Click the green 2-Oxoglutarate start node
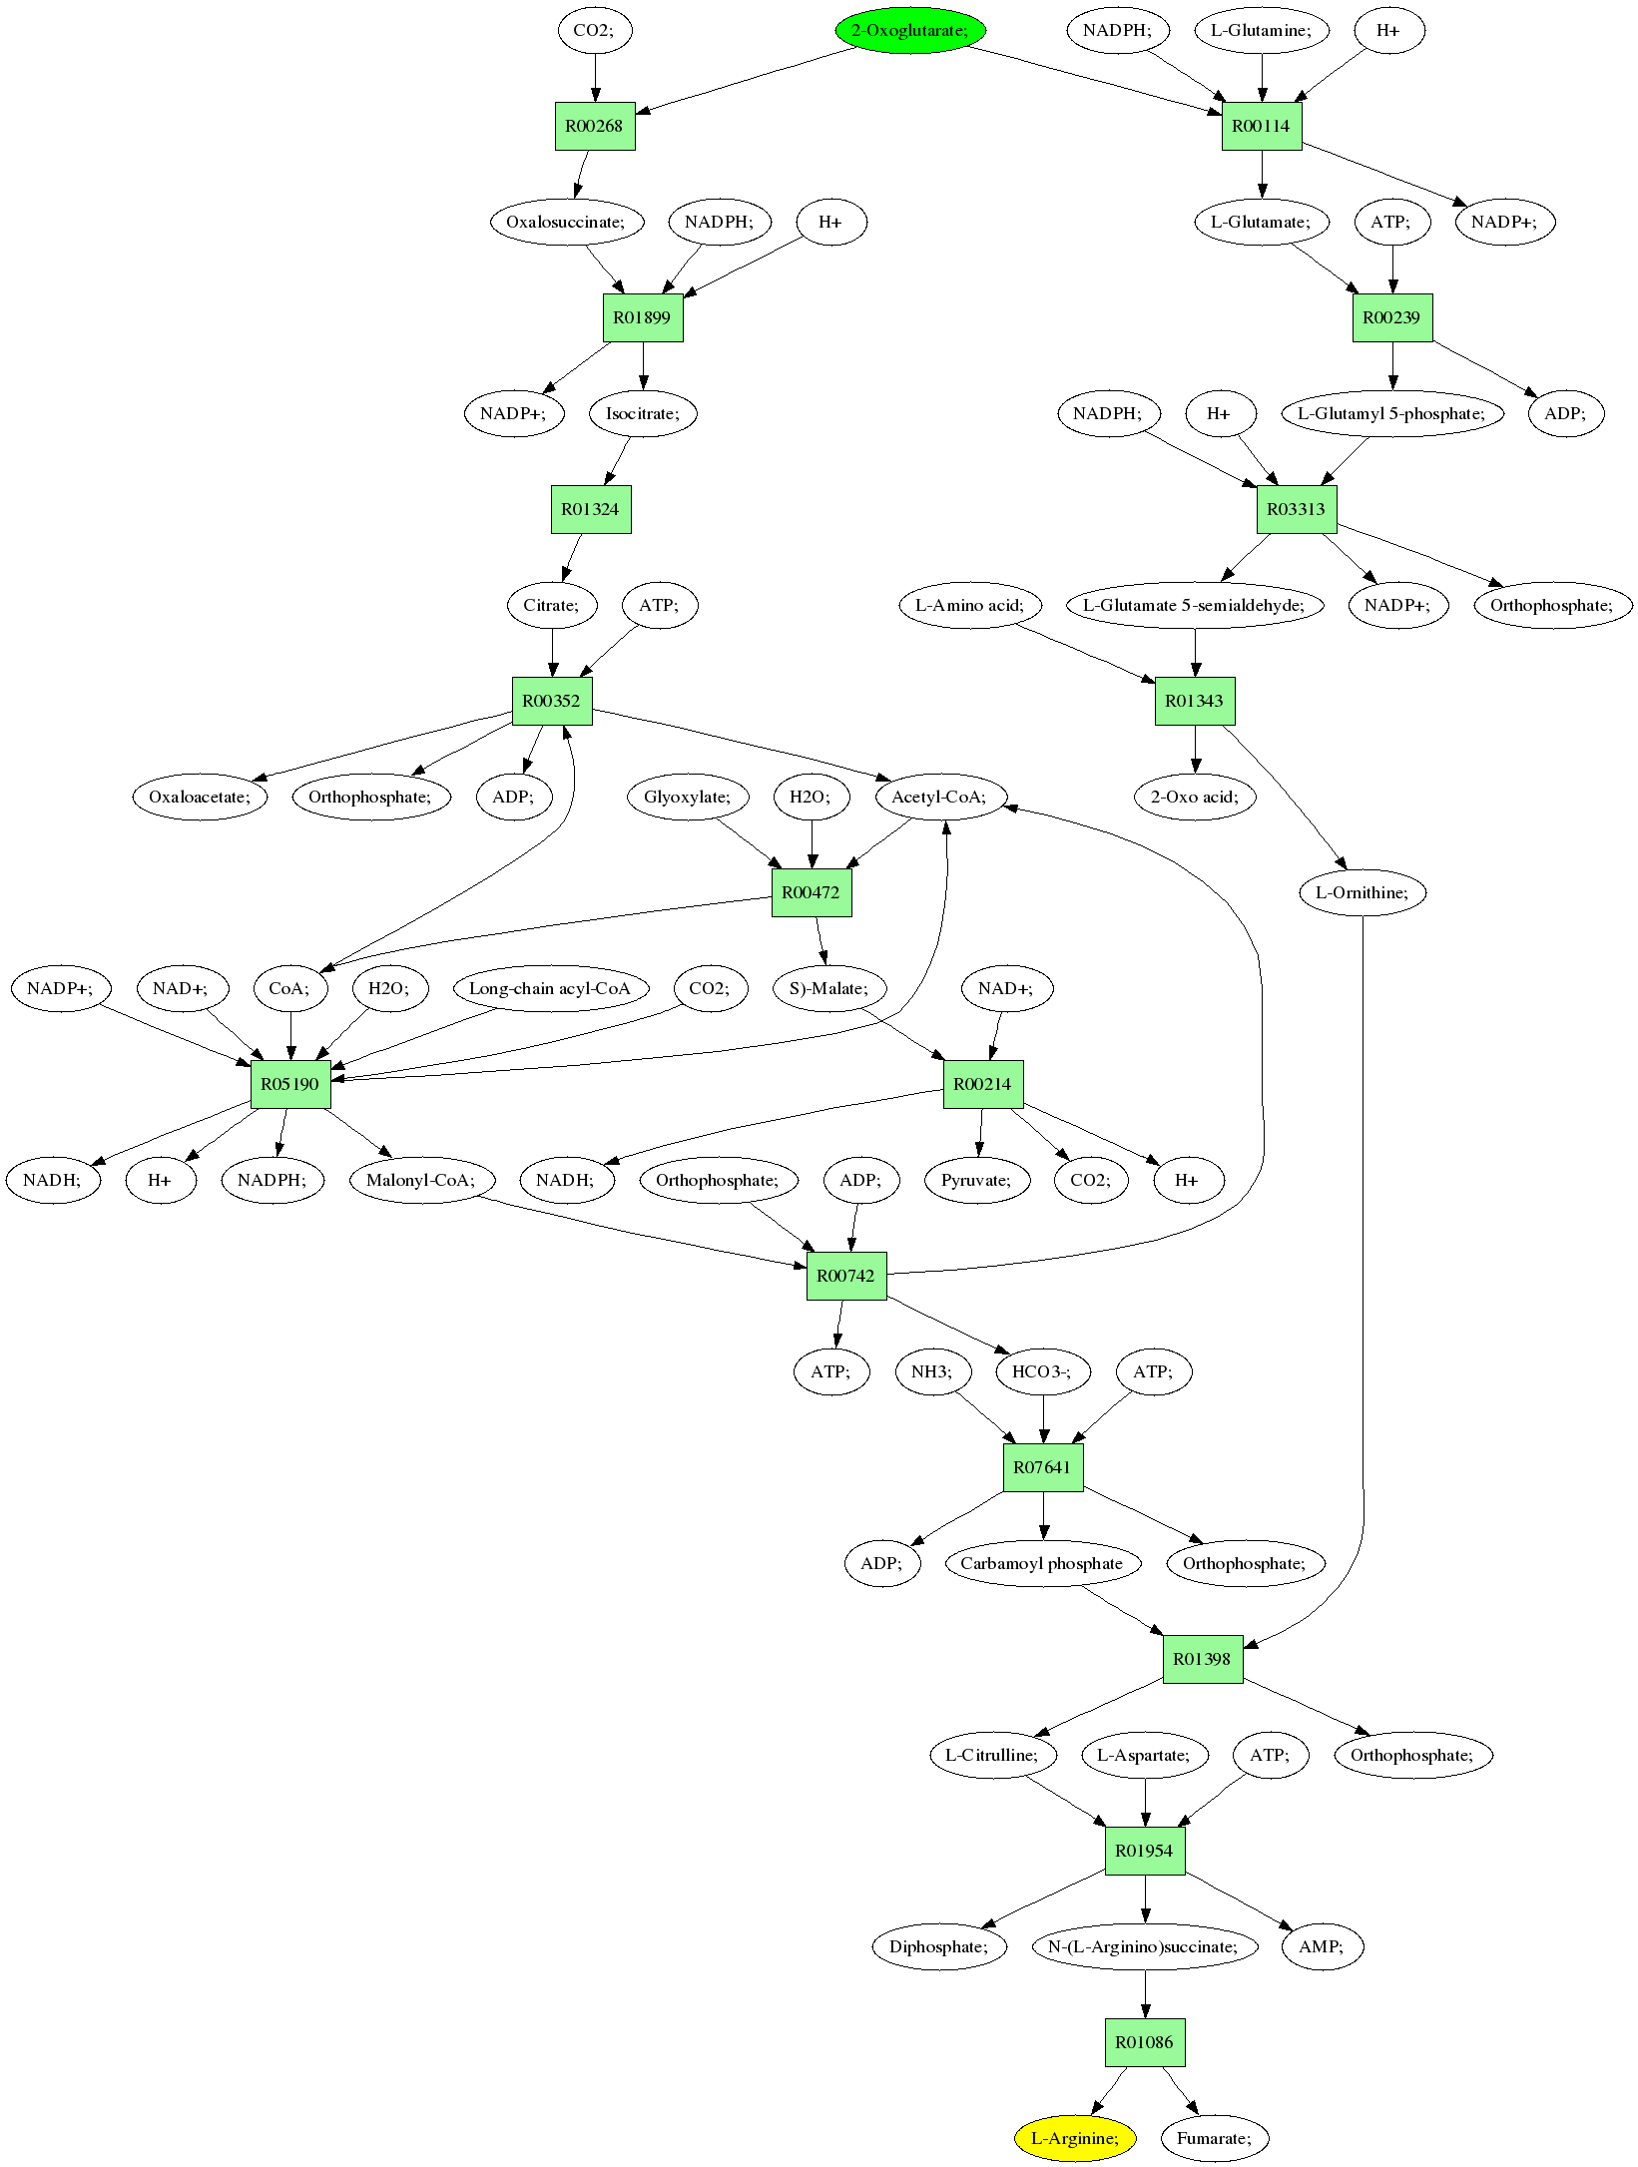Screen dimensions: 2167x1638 tap(909, 30)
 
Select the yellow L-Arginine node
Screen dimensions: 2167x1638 tap(1075, 2138)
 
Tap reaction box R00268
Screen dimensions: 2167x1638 tap(595, 126)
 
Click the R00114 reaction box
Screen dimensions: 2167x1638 tap(1262, 126)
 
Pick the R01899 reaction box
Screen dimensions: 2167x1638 tap(643, 317)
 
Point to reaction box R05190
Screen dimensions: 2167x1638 tap(290, 1084)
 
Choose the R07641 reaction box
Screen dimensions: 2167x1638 tap(1042, 1467)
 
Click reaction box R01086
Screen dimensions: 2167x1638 tap(1144, 2042)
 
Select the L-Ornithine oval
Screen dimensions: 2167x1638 tap(1362, 892)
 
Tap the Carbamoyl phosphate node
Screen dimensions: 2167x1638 tap(1042, 1563)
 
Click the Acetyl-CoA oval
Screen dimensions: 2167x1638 tap(939, 797)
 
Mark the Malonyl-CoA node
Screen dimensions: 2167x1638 tap(423, 1180)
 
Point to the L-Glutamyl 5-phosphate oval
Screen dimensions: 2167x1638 tap(1391, 413)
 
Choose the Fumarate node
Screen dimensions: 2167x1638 tap(1214, 2138)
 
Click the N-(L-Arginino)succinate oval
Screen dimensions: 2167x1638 tap(1144, 1946)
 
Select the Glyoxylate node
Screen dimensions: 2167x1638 tap(688, 797)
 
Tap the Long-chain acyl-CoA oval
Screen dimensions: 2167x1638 tap(550, 988)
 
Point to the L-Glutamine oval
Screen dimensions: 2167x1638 tap(1262, 30)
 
